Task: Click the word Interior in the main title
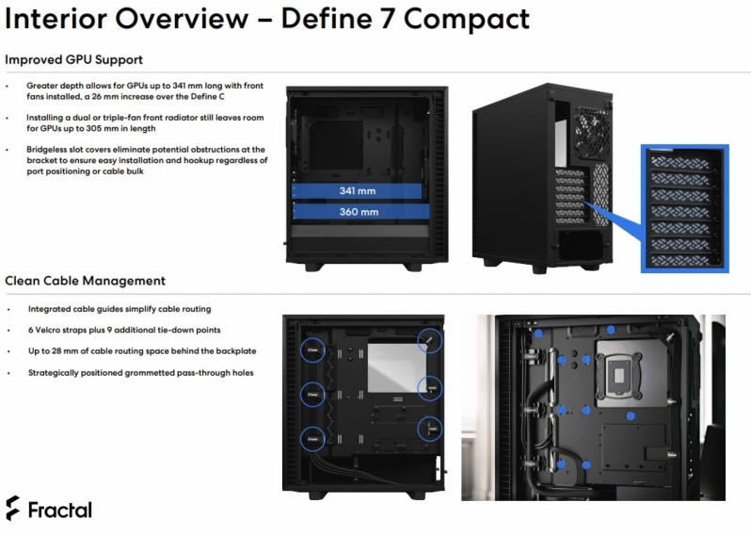(x=59, y=18)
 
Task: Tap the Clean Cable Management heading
(x=85, y=280)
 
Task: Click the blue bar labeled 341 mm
(x=358, y=190)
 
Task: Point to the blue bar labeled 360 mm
(x=358, y=212)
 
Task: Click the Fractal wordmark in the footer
(x=59, y=510)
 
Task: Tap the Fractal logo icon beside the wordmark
(x=12, y=509)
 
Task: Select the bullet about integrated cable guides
(x=120, y=309)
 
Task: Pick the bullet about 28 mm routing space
(x=141, y=351)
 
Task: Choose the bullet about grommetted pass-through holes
(x=139, y=372)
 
